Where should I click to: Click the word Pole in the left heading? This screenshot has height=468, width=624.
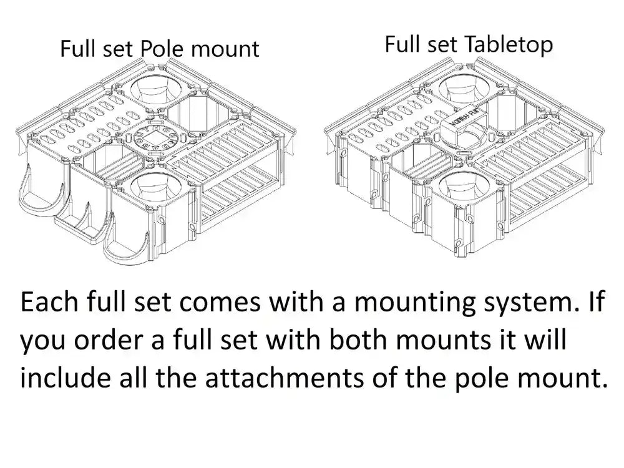(162, 49)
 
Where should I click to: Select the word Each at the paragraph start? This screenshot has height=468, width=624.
(49, 301)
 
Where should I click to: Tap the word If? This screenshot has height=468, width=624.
(596, 301)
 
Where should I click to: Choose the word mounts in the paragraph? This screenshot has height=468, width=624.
(443, 341)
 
